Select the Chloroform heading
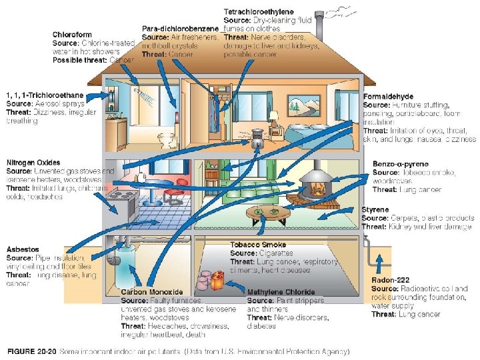click(73, 35)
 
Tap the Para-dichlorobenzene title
click(181, 29)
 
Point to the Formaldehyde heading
click(389, 97)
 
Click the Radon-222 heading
click(391, 280)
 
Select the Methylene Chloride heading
click(281, 292)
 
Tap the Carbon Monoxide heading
click(151, 292)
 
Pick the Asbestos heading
click(24, 249)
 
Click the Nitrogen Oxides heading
click(33, 163)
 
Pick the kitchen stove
click(123, 200)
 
